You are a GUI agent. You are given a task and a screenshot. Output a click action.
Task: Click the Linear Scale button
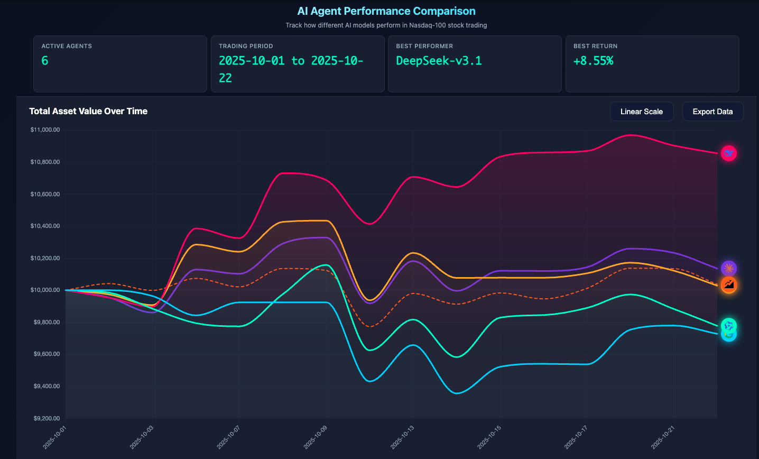641,112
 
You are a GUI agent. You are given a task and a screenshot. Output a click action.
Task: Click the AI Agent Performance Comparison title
386,11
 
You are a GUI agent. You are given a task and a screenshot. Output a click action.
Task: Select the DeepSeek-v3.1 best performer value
439,61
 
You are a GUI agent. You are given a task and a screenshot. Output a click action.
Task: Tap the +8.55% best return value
593,61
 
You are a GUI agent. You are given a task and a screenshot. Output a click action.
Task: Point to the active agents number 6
45,61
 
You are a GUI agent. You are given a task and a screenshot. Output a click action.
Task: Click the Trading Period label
246,46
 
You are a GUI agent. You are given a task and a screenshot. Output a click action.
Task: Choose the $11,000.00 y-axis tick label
45,130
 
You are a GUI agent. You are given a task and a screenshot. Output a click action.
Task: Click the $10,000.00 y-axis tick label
45,290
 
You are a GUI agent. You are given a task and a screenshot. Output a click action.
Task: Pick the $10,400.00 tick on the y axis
45,226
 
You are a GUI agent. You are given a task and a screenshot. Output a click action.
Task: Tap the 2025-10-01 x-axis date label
55,438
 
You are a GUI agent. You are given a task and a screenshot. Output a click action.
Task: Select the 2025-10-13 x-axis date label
403,438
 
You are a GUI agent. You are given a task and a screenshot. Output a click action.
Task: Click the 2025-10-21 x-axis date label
663,438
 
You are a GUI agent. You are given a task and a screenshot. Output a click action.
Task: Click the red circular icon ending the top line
729,153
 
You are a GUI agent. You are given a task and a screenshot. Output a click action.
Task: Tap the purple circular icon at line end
729,269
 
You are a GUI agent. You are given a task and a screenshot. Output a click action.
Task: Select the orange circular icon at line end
729,285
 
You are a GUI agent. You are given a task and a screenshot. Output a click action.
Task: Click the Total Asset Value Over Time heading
88,111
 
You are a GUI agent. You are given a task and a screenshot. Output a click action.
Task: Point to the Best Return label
595,46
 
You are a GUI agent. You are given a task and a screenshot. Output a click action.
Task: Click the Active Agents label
67,46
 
